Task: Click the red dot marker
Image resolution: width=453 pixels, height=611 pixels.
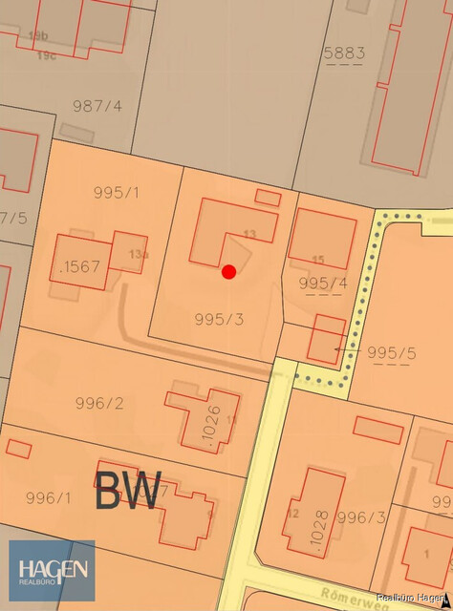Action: point(228,272)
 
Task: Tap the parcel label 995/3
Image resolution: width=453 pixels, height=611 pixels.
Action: point(219,319)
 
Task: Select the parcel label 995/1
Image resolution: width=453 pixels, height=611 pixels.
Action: point(117,192)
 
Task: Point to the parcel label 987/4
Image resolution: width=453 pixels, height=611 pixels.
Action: point(97,106)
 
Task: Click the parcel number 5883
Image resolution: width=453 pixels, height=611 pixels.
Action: point(344,53)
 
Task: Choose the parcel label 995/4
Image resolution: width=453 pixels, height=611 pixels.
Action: point(323,283)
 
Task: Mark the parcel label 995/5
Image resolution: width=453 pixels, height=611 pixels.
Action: point(392,352)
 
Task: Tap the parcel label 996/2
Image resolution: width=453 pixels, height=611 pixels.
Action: point(99,403)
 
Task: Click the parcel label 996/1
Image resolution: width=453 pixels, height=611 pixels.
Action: point(48,497)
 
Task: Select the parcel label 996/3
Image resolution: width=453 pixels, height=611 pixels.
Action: point(361,517)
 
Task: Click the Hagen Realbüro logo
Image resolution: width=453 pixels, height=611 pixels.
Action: point(52,571)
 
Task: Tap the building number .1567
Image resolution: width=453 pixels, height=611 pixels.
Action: point(79,267)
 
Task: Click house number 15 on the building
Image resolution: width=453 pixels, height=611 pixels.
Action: point(318,260)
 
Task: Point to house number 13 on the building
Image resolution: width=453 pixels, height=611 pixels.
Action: point(250,234)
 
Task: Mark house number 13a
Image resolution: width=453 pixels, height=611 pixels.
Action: point(140,254)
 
